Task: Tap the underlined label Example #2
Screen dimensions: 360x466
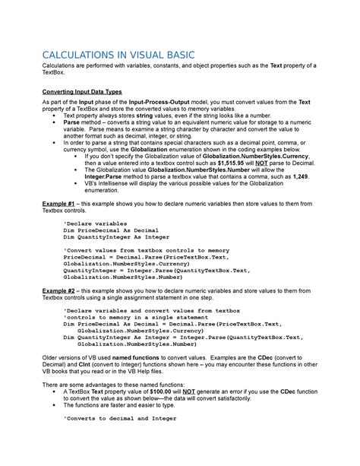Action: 59,292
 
